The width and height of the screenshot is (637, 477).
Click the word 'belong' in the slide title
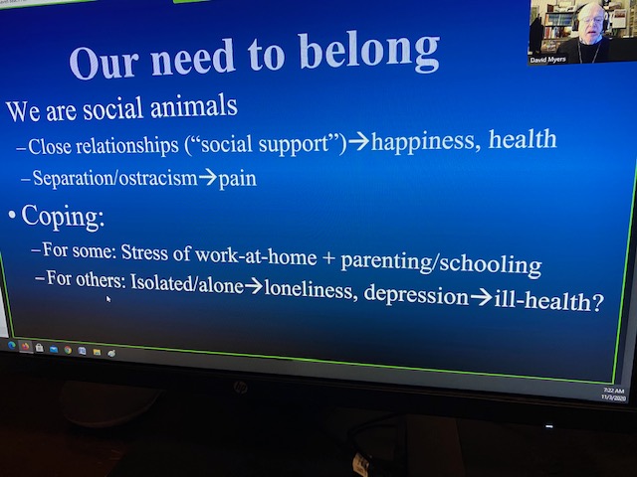click(x=369, y=52)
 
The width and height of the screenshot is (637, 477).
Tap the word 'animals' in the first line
click(x=194, y=106)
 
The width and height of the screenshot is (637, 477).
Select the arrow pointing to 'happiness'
click(x=358, y=142)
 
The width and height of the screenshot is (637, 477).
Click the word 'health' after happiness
click(x=523, y=139)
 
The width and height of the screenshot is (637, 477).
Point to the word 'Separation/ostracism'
click(x=115, y=178)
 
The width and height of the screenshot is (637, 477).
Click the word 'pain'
click(x=238, y=179)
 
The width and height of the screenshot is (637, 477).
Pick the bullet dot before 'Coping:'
click(x=12, y=215)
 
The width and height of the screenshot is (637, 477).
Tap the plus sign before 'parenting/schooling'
click(x=328, y=259)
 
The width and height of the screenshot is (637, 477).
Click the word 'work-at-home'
click(x=256, y=255)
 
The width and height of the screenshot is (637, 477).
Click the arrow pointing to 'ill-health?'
click(x=482, y=298)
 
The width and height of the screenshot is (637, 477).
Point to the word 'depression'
click(x=416, y=295)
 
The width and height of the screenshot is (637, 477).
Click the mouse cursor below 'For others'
click(x=108, y=299)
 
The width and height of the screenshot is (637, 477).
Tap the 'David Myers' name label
click(x=547, y=60)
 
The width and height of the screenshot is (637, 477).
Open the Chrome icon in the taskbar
click(x=68, y=350)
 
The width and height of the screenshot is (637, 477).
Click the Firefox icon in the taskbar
click(x=25, y=347)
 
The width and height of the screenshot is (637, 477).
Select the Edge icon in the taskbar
click(x=11, y=345)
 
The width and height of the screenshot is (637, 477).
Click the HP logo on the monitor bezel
click(x=240, y=388)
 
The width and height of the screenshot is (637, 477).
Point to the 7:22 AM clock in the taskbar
click(x=613, y=391)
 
